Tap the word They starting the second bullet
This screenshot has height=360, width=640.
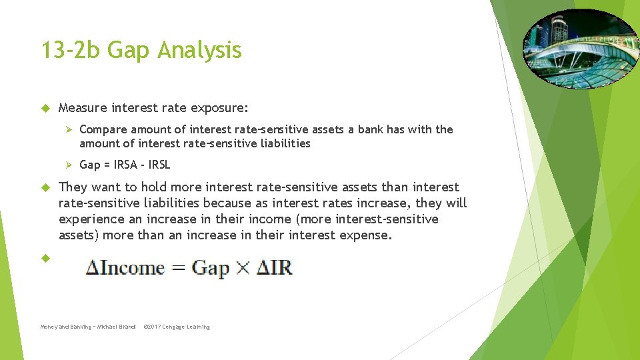pyautogui.click(x=73, y=187)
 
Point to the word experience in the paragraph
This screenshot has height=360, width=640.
pyautogui.click(x=91, y=219)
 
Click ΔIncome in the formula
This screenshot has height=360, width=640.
pyautogui.click(x=125, y=268)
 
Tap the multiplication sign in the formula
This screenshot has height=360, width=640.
pyautogui.click(x=241, y=269)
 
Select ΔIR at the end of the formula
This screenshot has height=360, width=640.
pyautogui.click(x=273, y=268)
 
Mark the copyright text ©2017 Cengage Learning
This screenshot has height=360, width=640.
pyautogui.click(x=177, y=327)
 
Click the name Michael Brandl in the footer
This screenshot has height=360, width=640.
pyautogui.click(x=117, y=327)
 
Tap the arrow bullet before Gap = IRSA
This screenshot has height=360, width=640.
pyautogui.click(x=67, y=165)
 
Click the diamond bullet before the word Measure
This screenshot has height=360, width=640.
pyautogui.click(x=45, y=107)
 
